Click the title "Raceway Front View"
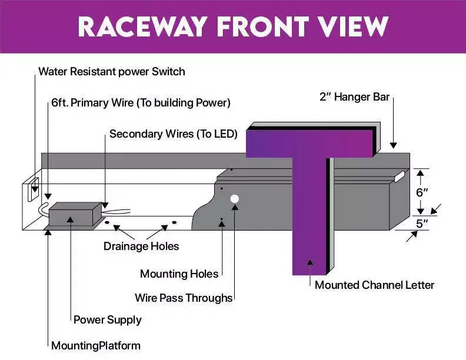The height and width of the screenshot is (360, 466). pos(233,26)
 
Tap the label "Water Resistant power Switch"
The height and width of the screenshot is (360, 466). pos(112,72)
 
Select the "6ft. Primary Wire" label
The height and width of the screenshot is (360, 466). pos(141,103)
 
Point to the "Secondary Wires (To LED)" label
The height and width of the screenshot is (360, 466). pos(174,134)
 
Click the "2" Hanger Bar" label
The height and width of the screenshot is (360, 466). pos(354,97)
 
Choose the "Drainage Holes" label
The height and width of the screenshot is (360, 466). pos(141,246)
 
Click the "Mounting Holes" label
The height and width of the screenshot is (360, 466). pos(179,274)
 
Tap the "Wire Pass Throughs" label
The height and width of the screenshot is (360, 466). pos(184,298)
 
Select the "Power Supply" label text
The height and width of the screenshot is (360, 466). pos(107,320)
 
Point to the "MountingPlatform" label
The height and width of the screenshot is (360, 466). pos(96,345)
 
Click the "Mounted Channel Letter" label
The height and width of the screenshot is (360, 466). pos(374,285)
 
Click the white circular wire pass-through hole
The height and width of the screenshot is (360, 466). pos(234,199)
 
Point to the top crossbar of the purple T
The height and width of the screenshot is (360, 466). pos(309,144)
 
